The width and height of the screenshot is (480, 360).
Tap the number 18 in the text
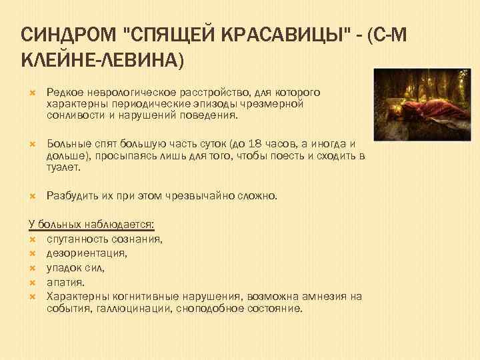point(253,143)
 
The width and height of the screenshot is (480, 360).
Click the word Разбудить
point(71,196)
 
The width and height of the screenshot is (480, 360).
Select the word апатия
point(65,281)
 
